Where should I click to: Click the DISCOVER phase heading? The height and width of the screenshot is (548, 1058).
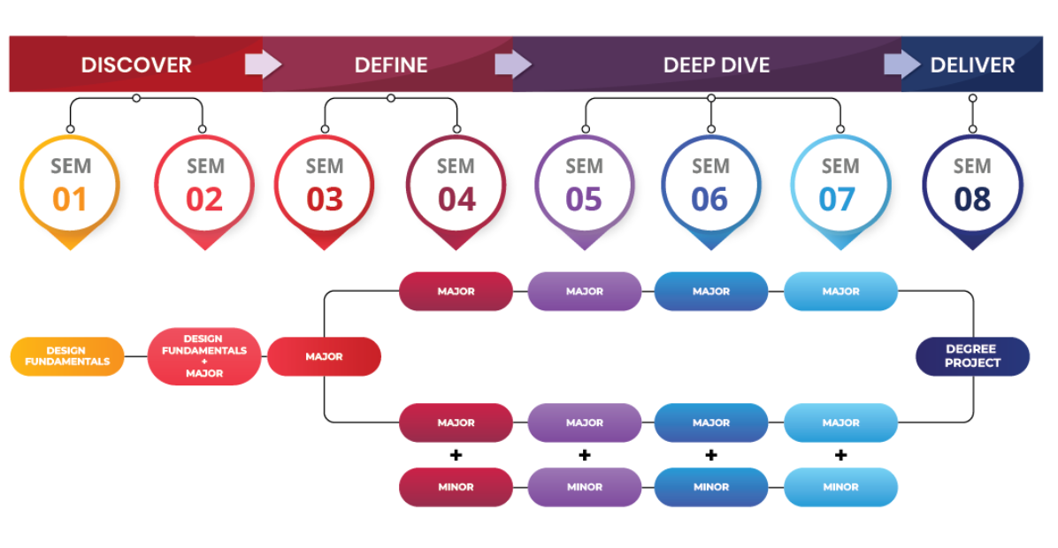(x=136, y=65)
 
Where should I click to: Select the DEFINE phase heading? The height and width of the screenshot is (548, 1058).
(x=391, y=65)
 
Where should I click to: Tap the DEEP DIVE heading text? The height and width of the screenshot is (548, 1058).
(x=716, y=65)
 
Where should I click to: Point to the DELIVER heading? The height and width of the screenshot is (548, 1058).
(x=972, y=65)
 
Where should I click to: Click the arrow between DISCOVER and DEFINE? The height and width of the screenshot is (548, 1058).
(x=263, y=65)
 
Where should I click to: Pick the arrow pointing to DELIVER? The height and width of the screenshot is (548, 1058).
(x=902, y=65)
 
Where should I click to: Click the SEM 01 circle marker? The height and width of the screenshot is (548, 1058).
(x=70, y=192)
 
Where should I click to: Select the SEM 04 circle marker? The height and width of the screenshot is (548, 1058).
(x=456, y=192)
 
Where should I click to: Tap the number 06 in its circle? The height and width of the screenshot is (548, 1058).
(x=709, y=200)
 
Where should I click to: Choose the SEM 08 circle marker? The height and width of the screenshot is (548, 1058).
(x=972, y=192)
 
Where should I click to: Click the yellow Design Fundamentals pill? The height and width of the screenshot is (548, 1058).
(x=67, y=356)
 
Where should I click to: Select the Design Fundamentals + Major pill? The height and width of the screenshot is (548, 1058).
(x=203, y=356)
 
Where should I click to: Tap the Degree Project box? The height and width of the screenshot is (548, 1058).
(x=972, y=356)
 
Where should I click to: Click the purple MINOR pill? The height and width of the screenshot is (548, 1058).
(x=585, y=487)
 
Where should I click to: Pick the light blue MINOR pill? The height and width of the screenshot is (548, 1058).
(x=840, y=487)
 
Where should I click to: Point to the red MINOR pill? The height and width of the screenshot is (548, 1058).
(x=456, y=487)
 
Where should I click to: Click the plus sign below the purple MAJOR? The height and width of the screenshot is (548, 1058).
(x=585, y=455)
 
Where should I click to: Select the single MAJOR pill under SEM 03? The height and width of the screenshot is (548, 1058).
(x=324, y=356)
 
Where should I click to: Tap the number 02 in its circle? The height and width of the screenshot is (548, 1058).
(x=204, y=200)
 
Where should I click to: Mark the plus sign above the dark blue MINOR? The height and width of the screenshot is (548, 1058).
(x=711, y=455)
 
